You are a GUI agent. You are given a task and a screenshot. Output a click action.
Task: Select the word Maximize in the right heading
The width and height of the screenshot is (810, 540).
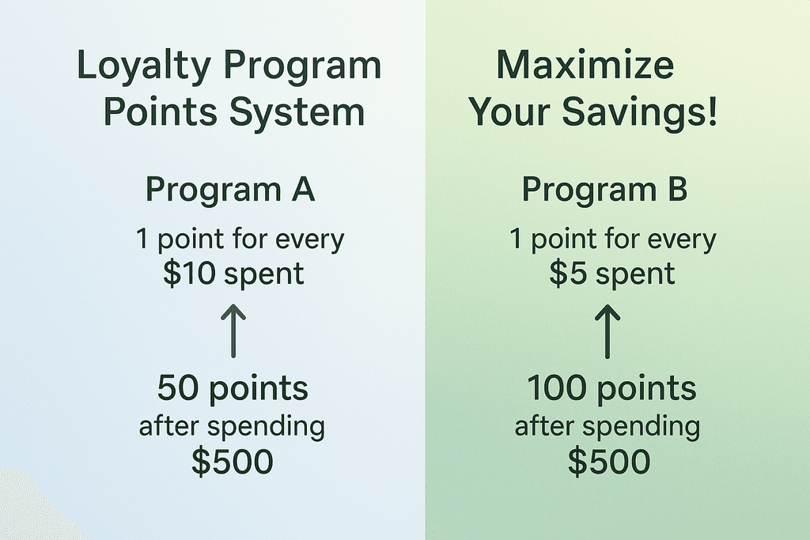coord(585,66)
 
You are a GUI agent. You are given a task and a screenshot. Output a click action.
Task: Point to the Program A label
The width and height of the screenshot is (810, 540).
coord(231,191)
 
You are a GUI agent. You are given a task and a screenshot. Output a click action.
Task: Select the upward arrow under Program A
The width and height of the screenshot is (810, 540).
coord(233,331)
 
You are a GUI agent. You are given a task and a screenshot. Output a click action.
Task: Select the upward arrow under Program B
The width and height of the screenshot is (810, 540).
coord(607,331)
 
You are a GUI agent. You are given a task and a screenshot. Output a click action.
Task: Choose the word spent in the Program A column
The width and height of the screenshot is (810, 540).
coord(263,274)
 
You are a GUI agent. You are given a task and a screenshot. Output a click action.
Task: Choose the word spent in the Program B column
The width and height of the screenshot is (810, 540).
coord(635,274)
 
